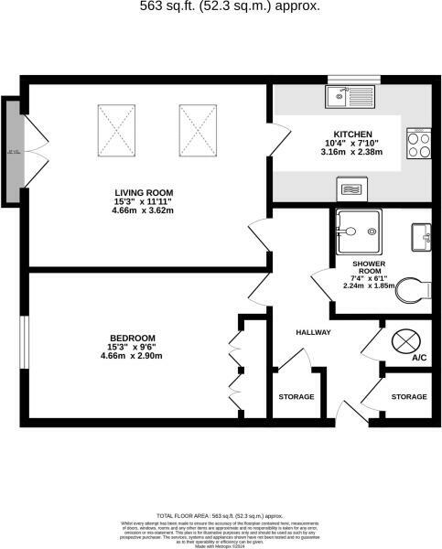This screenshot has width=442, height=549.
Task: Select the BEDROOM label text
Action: (131, 337)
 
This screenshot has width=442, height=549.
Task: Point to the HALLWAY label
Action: (313, 331)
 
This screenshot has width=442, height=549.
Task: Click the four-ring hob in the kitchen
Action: (419, 143)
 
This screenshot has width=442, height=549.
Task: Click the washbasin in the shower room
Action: (421, 235)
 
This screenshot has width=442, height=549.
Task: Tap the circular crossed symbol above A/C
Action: (404, 340)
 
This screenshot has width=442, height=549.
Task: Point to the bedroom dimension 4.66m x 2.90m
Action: (131, 356)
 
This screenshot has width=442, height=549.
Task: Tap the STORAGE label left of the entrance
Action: (296, 397)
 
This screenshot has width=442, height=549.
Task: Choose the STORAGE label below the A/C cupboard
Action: (409, 397)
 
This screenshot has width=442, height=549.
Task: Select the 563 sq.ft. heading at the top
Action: (229, 6)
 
